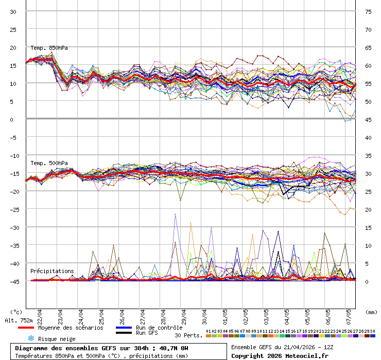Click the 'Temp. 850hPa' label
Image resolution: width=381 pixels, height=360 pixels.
49,48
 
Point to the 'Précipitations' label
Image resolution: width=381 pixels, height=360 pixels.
51,271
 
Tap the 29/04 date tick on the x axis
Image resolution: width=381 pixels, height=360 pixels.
184,314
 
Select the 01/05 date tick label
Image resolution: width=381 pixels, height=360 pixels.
225,314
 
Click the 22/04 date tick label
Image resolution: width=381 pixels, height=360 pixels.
40,314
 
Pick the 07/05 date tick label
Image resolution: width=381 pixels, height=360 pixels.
349,314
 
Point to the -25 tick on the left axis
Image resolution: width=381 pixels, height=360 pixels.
14,209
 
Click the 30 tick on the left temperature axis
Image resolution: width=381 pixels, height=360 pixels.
13,11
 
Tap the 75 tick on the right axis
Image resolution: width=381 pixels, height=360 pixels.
369,11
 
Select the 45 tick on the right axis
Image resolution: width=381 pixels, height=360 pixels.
369,119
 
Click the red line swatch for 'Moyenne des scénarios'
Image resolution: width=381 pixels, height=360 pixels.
26,328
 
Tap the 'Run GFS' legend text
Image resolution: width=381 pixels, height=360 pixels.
147,333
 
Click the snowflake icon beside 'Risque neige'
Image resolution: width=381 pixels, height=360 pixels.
31,338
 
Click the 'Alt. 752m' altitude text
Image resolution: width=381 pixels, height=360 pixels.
19,320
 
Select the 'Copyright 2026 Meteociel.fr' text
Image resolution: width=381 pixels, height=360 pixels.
280,356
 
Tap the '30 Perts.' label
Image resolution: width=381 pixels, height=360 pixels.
188,335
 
